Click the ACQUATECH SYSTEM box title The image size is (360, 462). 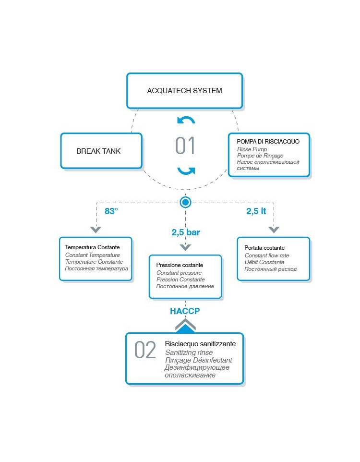(x=184, y=90)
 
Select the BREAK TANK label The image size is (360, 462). (x=98, y=151)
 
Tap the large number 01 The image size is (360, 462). (x=185, y=146)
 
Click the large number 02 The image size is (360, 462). (x=145, y=350)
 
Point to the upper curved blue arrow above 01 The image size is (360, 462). (x=186, y=120)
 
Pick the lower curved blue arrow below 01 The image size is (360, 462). (x=186, y=170)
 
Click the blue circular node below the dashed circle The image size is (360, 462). (x=185, y=202)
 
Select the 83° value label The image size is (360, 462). (x=111, y=211)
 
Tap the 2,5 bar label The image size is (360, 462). (x=186, y=232)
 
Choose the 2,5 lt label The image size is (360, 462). (x=256, y=211)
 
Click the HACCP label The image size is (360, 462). (x=185, y=311)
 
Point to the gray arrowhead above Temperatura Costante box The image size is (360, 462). (x=96, y=230)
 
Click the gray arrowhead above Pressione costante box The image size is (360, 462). (x=185, y=247)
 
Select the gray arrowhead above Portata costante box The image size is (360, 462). (x=274, y=230)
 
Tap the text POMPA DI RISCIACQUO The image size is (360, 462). (x=268, y=141)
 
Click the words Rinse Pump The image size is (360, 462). (x=252, y=149)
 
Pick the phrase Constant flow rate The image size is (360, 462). (x=267, y=255)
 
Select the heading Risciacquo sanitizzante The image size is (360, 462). (x=200, y=344)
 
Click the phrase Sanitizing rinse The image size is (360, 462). (x=189, y=353)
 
